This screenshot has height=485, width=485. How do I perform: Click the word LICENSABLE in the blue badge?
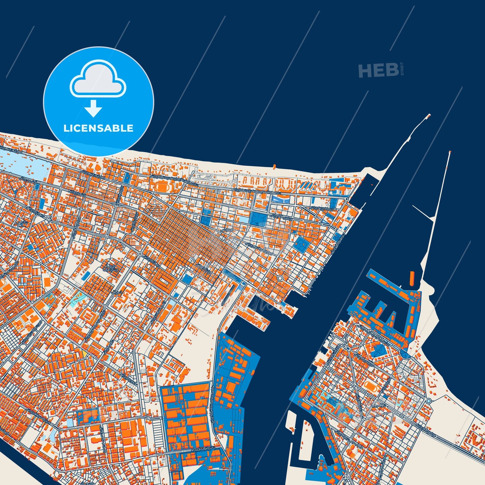98,128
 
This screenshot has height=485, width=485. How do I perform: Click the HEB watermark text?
378,70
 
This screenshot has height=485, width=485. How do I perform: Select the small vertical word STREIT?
402,69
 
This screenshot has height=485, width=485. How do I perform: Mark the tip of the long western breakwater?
429,116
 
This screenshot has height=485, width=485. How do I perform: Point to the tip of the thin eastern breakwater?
449,153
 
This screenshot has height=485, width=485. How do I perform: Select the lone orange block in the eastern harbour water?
412,279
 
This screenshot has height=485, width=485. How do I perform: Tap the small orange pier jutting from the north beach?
274,166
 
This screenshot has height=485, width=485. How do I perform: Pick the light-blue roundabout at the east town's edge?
429,401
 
